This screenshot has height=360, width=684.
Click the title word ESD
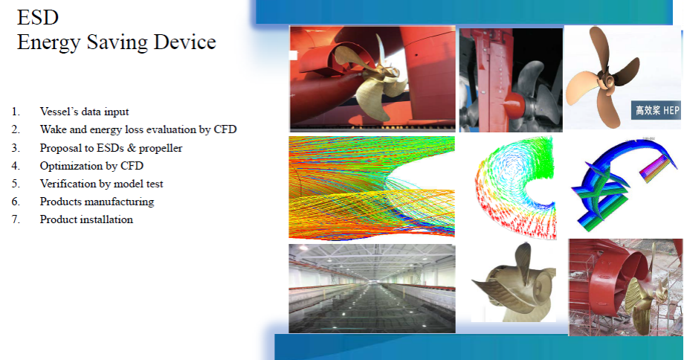click(x=37, y=17)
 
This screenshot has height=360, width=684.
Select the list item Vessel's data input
click(x=84, y=112)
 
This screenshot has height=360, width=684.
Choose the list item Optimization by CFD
click(x=91, y=166)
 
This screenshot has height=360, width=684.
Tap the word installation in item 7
click(x=106, y=219)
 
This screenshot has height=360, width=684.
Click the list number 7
click(x=16, y=219)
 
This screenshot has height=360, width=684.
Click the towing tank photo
click(x=372, y=289)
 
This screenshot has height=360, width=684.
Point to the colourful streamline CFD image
click(x=372, y=187)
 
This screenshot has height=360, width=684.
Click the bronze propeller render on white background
click(x=514, y=283)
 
